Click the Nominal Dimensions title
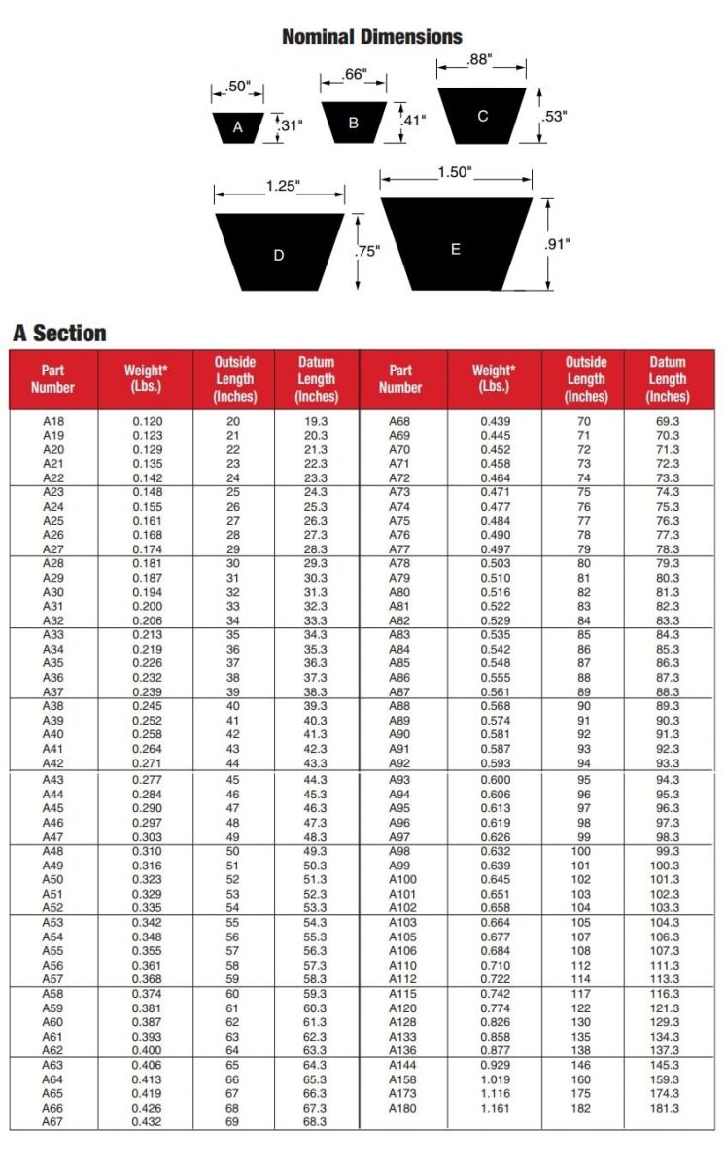tap(371, 37)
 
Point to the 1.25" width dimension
tap(283, 186)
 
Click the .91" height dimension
tap(556, 244)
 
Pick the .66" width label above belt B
tap(354, 74)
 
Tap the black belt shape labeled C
tap(482, 116)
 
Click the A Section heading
tap(59, 334)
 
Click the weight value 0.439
tap(495, 421)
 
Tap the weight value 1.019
tap(495, 1079)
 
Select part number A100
tap(402, 879)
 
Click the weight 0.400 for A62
tap(147, 1051)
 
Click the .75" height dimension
tap(367, 251)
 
